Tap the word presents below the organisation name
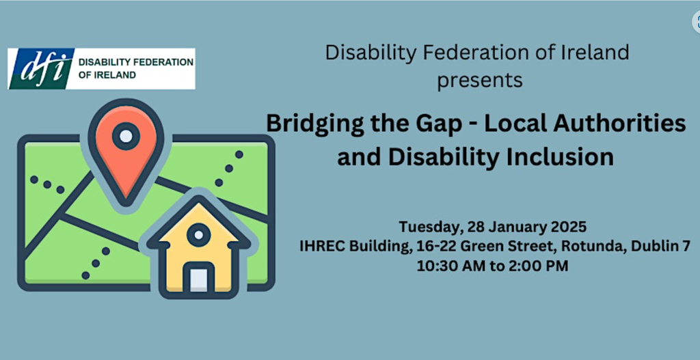click(480, 79)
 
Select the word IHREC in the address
click(321, 246)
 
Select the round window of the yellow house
click(198, 236)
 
